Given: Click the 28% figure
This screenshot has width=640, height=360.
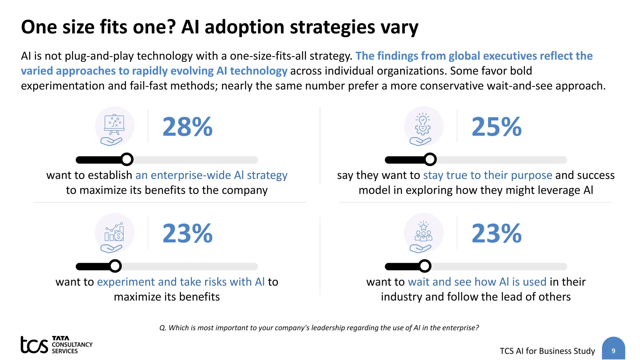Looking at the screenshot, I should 187,127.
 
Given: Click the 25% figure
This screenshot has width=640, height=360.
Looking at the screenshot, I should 497,127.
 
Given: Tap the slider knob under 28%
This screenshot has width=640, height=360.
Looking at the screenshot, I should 127,159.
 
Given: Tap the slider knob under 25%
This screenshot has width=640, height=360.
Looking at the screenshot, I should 430,159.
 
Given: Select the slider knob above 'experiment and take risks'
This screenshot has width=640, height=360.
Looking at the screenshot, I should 115,266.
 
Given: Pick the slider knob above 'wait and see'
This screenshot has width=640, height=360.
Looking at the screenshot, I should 425,266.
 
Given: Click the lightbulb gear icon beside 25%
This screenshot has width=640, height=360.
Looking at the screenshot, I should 423,125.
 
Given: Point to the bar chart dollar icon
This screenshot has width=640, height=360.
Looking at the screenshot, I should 114,233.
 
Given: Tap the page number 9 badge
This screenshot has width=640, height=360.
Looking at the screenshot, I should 613,350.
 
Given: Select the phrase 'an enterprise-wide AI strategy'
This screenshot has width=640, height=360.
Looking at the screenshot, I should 211,175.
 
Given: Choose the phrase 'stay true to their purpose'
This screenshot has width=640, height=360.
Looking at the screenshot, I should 487,175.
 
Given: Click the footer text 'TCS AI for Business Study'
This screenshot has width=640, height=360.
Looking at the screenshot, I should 547,351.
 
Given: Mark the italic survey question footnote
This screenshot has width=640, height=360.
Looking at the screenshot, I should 319,327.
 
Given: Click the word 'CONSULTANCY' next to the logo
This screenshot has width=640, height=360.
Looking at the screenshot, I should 72,344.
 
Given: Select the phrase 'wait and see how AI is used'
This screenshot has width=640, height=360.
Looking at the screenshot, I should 477,282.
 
